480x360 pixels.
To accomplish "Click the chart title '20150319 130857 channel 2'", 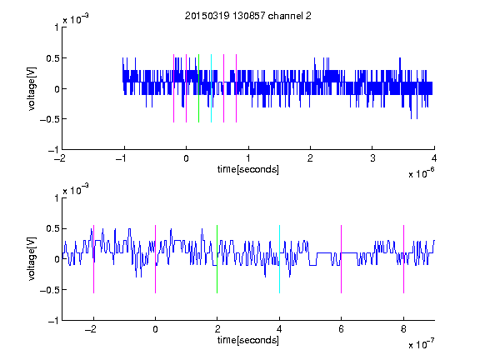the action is [x=248, y=16].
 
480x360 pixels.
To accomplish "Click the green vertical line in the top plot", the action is [x=198, y=88].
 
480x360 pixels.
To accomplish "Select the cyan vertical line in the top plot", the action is [x=211, y=88].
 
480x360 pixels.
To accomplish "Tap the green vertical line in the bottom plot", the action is [x=217, y=259].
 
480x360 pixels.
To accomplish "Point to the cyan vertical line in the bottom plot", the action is [x=279, y=259].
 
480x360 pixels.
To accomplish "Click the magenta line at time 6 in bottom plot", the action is [x=342, y=259].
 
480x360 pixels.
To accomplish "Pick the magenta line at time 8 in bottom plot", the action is [x=404, y=259].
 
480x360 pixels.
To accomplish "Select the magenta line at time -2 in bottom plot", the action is [x=93, y=259].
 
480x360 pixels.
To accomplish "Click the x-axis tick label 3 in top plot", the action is [x=372, y=158].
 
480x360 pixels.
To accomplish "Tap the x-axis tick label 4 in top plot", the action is [x=434, y=158].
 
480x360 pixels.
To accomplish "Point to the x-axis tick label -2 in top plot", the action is [x=60, y=158].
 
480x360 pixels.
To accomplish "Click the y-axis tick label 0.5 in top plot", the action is [x=52, y=58].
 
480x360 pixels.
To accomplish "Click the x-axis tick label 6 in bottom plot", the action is [x=342, y=329].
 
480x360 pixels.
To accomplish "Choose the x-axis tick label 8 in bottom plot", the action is [x=404, y=329].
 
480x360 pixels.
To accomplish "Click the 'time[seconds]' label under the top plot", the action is [x=248, y=169].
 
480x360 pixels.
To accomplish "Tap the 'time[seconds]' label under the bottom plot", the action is [x=248, y=340].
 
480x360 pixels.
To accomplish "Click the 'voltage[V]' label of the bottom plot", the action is [x=32, y=258].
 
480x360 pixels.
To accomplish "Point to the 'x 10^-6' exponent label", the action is [x=422, y=173].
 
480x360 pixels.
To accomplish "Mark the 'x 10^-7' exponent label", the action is [x=422, y=344].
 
